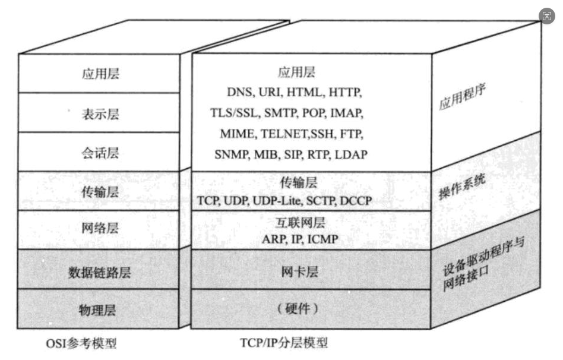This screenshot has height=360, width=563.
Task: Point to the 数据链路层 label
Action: pyautogui.click(x=99, y=273)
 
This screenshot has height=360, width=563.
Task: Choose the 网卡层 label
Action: pyautogui.click(x=299, y=271)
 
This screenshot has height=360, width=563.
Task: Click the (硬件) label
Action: pyautogui.click(x=299, y=308)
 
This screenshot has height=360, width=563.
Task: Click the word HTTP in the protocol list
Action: pyautogui.click(x=346, y=93)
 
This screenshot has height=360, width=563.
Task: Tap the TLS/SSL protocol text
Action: pyautogui.click(x=232, y=113)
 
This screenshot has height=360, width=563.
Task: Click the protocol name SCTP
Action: pyautogui.click(x=321, y=201)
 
